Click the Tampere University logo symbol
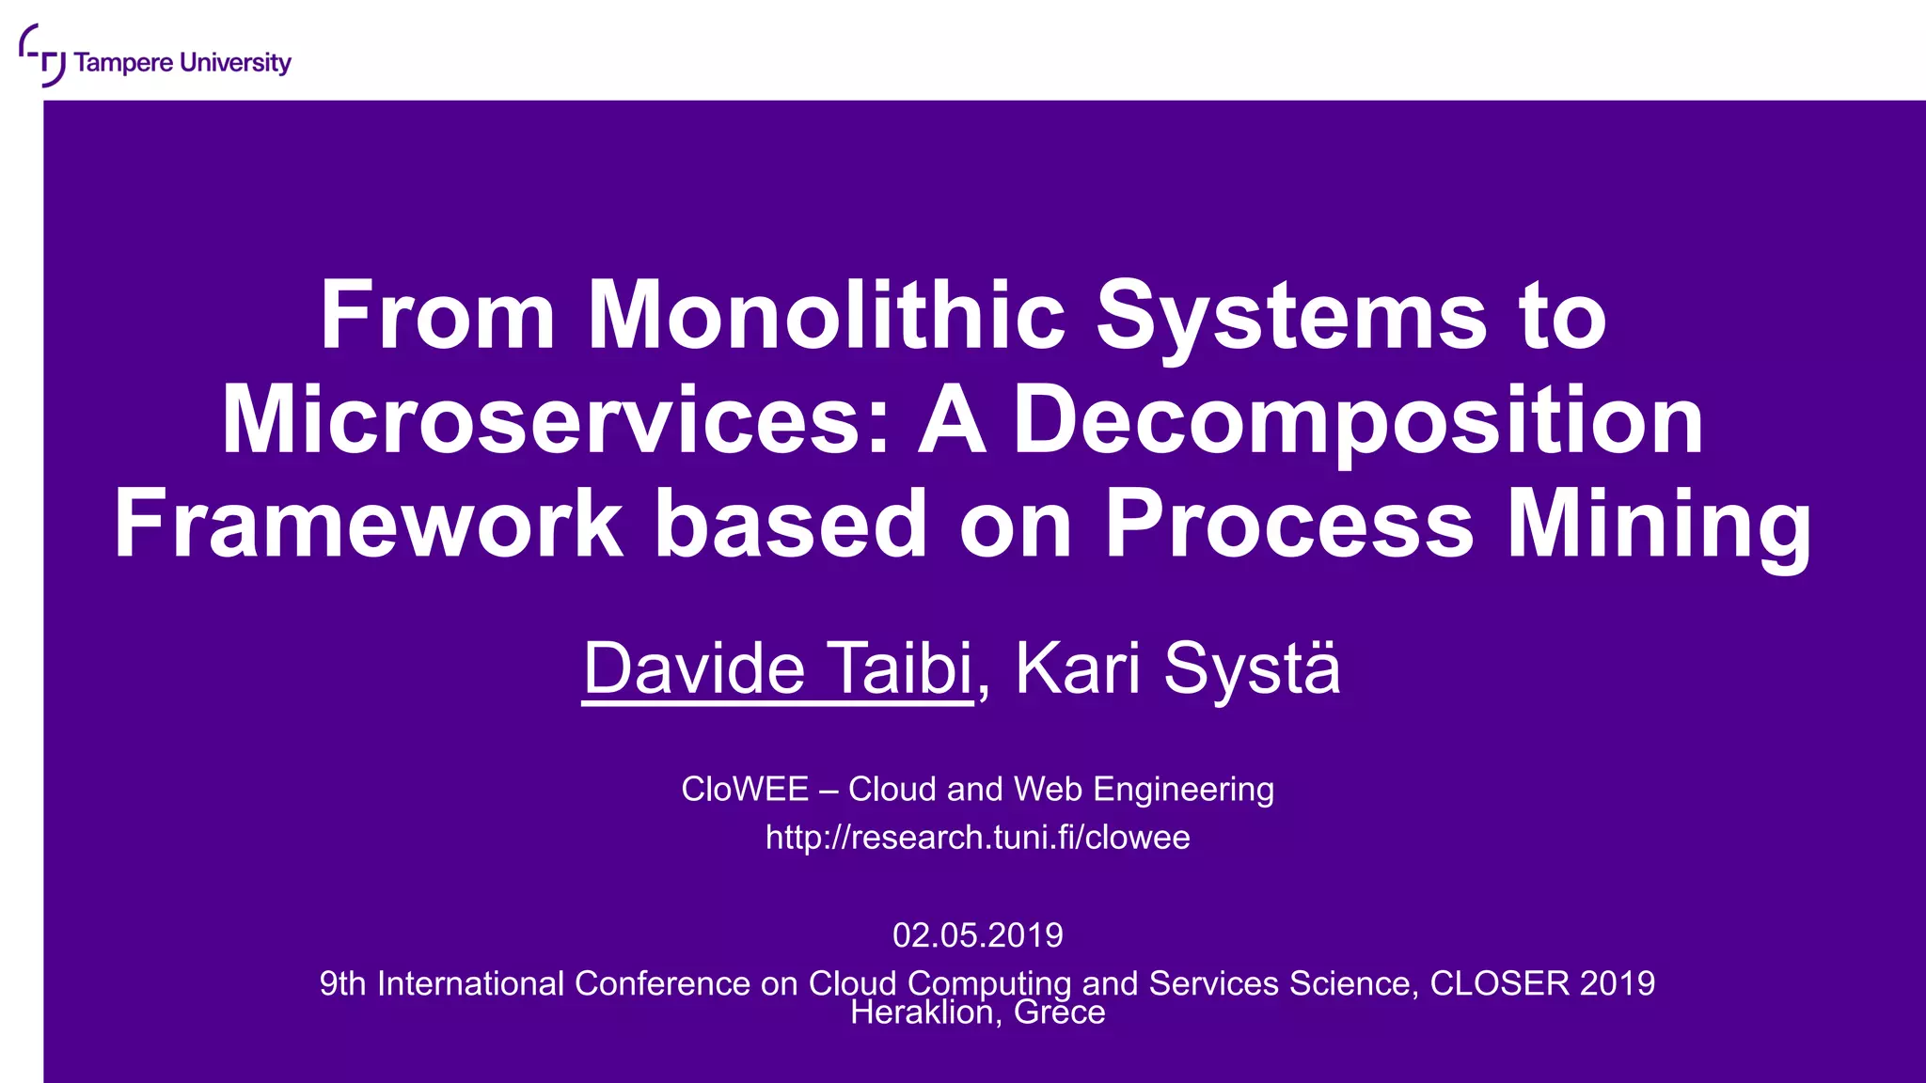(x=42, y=55)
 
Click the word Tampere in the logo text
(x=123, y=63)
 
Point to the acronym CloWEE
(x=744, y=789)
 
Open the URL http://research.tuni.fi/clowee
(x=977, y=837)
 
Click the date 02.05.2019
(x=977, y=934)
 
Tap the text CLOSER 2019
(x=1542, y=982)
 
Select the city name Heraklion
(x=922, y=1012)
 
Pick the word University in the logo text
(x=235, y=63)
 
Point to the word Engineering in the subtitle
(x=1183, y=789)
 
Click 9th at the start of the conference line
(x=342, y=982)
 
